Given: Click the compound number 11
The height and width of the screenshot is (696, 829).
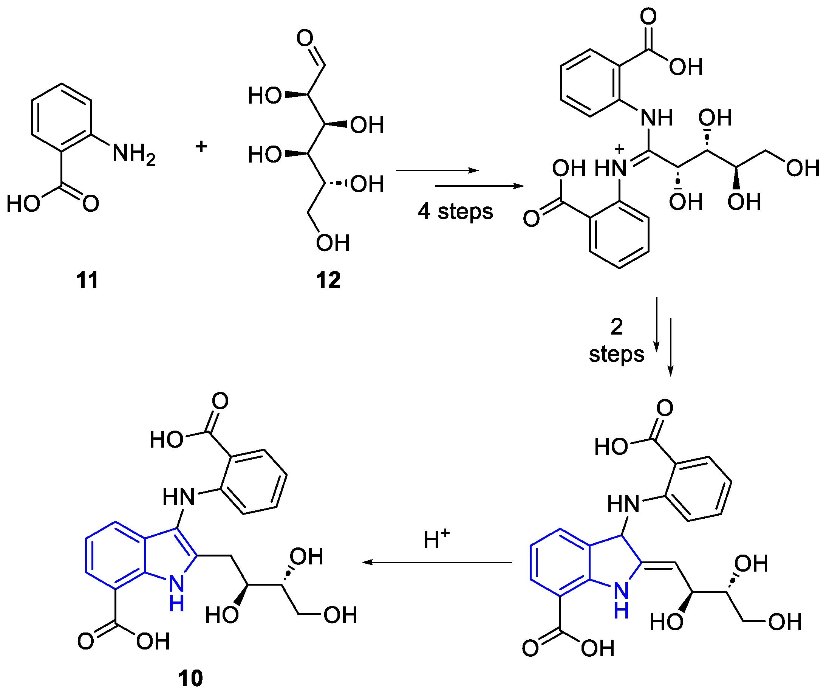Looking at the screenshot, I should click(87, 280).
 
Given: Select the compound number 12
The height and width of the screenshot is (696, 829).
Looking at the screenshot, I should click(328, 280).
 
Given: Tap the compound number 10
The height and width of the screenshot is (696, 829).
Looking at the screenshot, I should click(190, 678).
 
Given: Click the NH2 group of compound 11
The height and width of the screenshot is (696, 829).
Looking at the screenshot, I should click(133, 153).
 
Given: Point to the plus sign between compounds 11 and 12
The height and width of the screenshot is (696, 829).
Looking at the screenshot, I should click(201, 147).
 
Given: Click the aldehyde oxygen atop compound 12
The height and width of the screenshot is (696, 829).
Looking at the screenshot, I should click(305, 38).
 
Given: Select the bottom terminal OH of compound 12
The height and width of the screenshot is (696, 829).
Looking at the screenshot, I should click(333, 243).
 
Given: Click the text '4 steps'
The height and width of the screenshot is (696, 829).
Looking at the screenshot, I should click(455, 211).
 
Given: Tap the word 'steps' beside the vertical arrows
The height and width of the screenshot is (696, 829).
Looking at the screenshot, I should click(616, 354).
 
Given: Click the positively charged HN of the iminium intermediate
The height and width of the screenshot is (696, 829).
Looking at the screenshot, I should click(611, 169).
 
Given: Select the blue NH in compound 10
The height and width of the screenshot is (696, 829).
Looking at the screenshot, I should click(176, 592).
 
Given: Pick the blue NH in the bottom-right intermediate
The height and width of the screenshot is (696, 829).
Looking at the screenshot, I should click(621, 600).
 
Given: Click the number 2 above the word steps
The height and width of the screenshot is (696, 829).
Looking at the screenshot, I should click(616, 327).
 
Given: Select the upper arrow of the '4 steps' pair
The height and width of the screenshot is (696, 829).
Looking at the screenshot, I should click(437, 170).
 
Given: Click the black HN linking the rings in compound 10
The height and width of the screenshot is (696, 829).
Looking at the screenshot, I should click(178, 497).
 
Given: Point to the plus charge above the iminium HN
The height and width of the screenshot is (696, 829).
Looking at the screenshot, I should click(619, 149).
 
